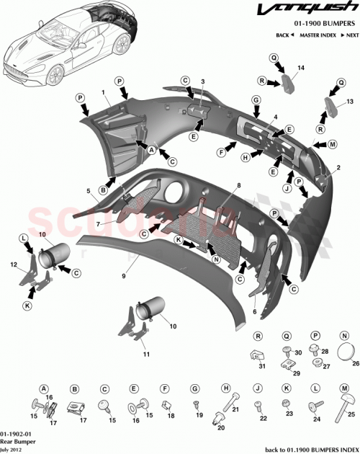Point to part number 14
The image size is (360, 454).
pos(301,67)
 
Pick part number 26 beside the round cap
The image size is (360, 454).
pos(354,365)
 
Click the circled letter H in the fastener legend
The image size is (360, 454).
pos(225,387)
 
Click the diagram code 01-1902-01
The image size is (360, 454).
pos(16,430)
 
